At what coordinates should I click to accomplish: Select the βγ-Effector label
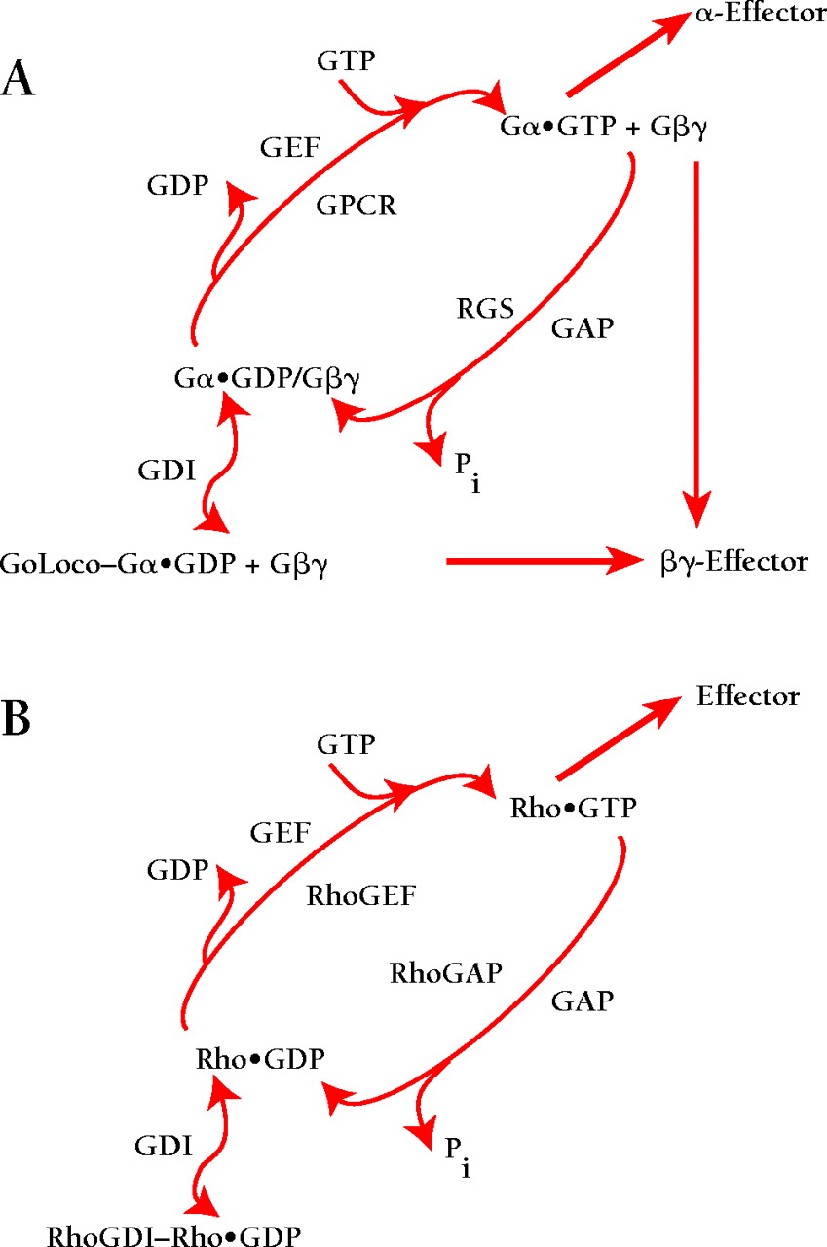click(732, 562)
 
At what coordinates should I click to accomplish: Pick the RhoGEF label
click(361, 895)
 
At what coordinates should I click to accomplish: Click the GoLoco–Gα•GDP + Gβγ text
click(163, 564)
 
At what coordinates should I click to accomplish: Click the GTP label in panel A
click(347, 62)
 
